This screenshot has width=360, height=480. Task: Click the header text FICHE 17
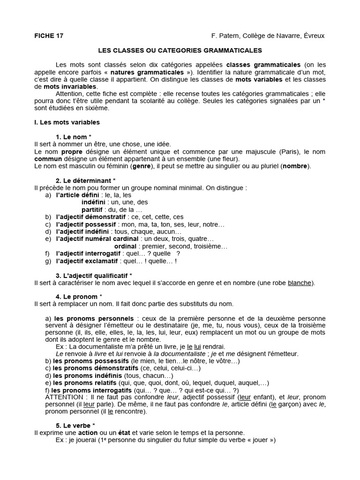[x=49, y=36]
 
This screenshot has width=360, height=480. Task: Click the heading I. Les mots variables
[x=67, y=122]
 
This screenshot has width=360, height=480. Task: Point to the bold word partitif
[x=93, y=210]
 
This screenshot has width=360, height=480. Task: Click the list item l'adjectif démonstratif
[x=90, y=217]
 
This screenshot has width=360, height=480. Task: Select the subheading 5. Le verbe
[x=75, y=425]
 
